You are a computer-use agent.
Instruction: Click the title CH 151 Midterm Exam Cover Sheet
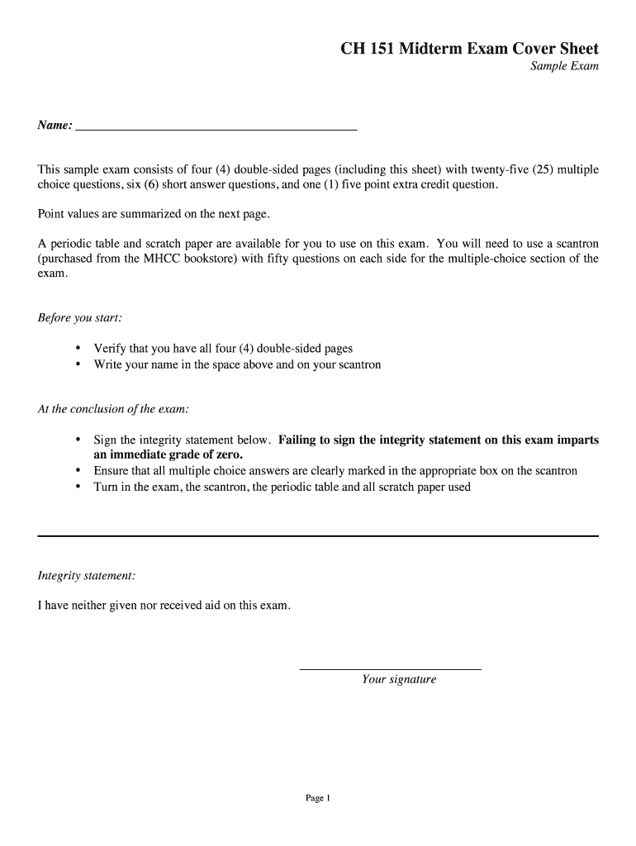(x=469, y=50)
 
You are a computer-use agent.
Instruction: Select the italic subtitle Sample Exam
(x=564, y=67)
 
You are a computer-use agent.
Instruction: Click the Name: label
(x=55, y=126)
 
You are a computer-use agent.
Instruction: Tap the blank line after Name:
(x=216, y=127)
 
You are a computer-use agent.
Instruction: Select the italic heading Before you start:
(x=80, y=318)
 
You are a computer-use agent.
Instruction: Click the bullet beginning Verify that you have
(x=223, y=349)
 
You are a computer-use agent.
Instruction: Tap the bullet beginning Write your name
(x=237, y=364)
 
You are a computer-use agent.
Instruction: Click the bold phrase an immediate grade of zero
(x=168, y=455)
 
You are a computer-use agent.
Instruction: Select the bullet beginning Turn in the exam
(x=282, y=487)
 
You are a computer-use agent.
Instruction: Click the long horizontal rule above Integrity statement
(x=318, y=536)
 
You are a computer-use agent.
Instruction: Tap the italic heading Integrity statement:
(x=87, y=575)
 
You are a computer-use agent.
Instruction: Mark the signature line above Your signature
(x=390, y=668)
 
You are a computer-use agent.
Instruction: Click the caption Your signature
(x=399, y=680)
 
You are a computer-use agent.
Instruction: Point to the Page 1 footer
(x=318, y=798)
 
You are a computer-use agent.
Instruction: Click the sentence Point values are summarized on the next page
(x=154, y=214)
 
